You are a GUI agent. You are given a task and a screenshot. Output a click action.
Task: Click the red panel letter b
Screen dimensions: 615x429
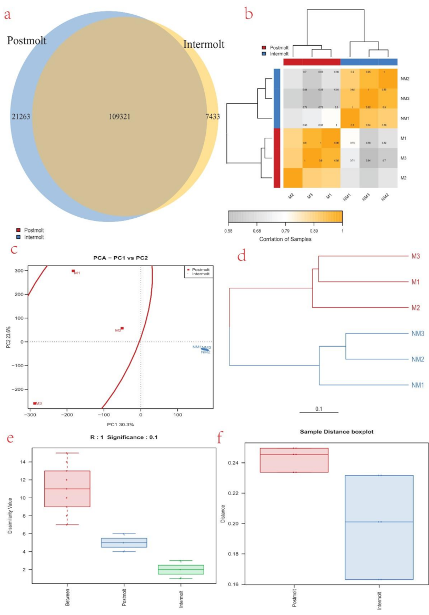tap(249, 13)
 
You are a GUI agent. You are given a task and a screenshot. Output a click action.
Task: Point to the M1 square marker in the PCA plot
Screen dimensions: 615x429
tap(73, 271)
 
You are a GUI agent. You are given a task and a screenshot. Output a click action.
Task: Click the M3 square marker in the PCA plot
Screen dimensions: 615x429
tap(35, 403)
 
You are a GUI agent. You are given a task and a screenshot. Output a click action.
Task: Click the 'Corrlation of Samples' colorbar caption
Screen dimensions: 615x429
tap(285, 238)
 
